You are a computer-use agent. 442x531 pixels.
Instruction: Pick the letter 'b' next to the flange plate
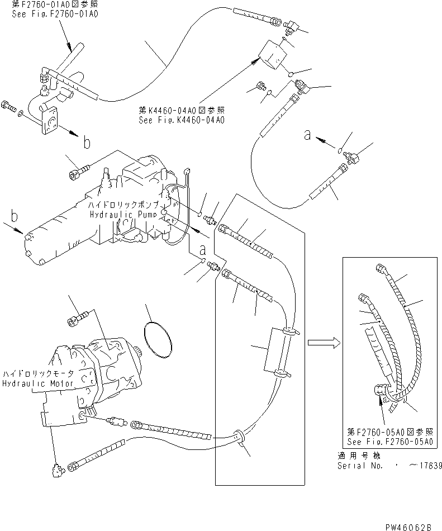87,143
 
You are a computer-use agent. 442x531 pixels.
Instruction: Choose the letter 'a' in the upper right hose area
307,135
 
